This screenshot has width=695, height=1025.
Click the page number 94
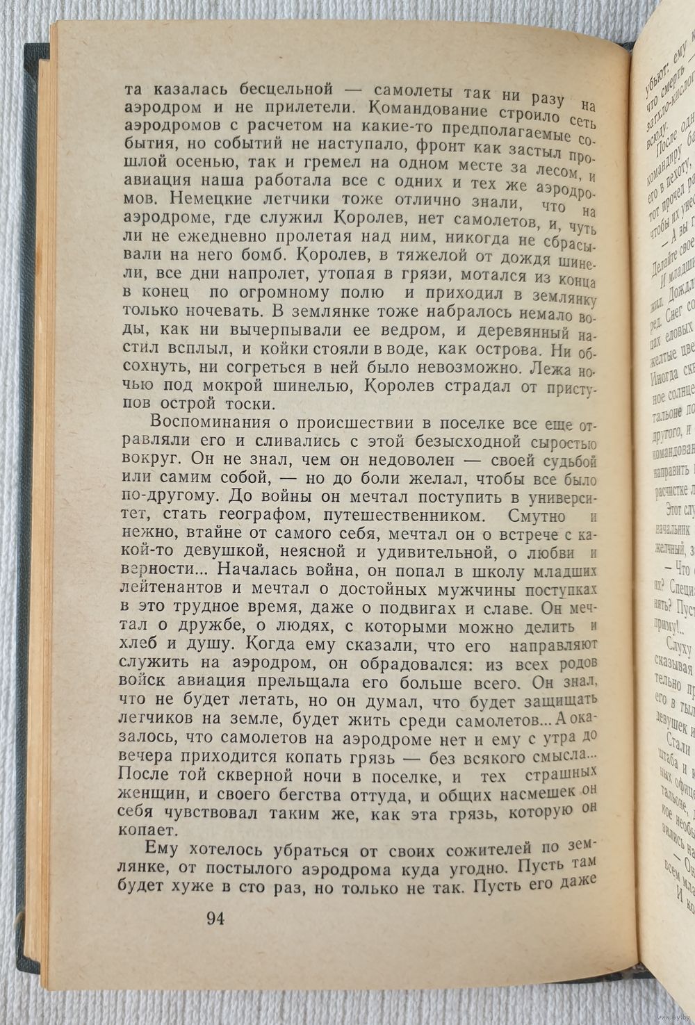(215, 918)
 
